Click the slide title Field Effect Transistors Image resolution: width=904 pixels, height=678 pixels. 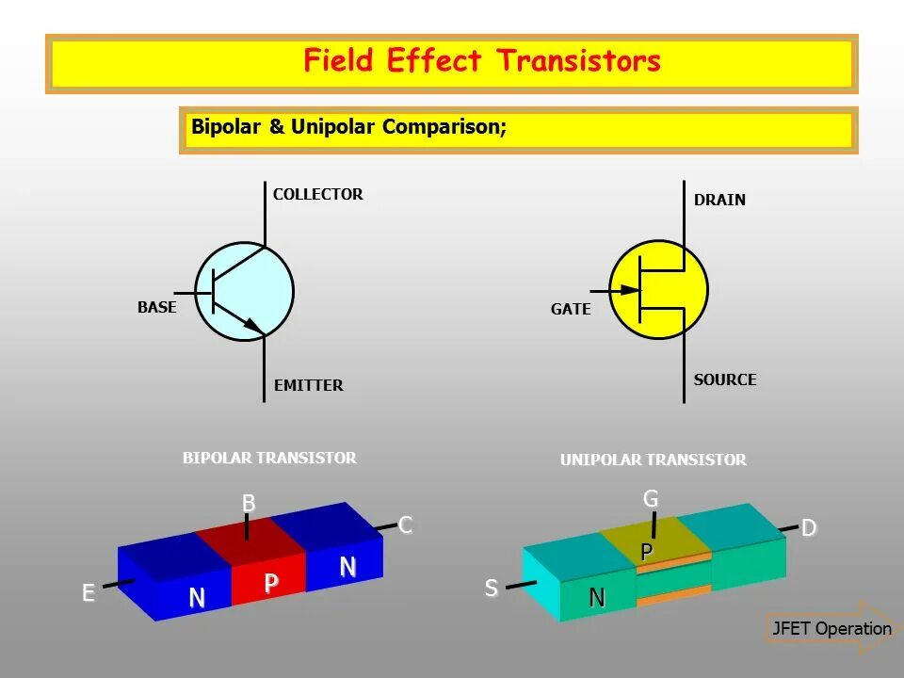[x=481, y=62]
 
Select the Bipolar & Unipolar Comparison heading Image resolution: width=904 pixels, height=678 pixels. [x=348, y=127]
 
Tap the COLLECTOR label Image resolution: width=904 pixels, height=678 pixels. [x=317, y=195]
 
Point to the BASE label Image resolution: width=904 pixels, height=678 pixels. [x=156, y=307]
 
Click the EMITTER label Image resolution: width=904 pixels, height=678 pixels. [x=308, y=385]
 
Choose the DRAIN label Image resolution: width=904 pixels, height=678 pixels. [x=719, y=200]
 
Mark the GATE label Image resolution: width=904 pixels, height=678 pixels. [x=571, y=309]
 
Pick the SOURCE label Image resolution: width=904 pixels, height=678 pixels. [x=725, y=379]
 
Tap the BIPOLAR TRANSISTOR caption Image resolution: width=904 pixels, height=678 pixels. [x=269, y=459]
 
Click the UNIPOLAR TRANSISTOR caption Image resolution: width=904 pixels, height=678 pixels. [x=654, y=460]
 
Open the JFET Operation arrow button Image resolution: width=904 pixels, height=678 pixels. [x=831, y=629]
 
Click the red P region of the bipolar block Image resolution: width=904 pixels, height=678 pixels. [x=269, y=583]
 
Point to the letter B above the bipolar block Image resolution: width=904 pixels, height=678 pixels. [x=249, y=504]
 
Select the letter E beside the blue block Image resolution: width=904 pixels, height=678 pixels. [x=89, y=593]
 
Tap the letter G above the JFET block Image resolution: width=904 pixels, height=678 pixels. [x=651, y=499]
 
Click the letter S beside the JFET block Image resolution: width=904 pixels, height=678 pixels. [x=491, y=589]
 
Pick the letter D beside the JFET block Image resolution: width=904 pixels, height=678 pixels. [x=808, y=529]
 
